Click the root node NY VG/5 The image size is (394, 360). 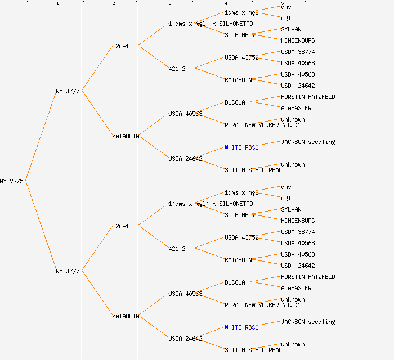coord(12,181)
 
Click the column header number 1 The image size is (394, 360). coord(57,4)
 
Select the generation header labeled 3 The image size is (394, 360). coord(169,4)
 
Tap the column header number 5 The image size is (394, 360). coord(282,4)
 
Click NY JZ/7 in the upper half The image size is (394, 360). coord(68,91)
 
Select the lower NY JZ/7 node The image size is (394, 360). coord(68,271)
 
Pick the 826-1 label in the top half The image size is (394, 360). coord(120,46)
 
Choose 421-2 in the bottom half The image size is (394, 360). coord(177,249)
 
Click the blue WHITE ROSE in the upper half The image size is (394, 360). coord(241,147)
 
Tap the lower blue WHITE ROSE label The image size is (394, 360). coord(241,327)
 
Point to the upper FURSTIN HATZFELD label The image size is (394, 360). coord(308,97)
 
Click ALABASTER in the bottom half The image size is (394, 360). coord(296,288)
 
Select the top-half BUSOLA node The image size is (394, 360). coord(235,102)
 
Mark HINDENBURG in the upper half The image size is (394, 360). coord(298,40)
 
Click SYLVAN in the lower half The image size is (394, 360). coord(291,209)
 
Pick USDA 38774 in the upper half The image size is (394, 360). coord(298,52)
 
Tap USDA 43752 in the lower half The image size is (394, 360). coord(241,237)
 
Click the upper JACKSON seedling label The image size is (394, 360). coord(308,142)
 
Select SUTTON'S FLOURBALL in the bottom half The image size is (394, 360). coord(255,350)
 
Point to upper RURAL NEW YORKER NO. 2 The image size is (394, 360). coord(262,125)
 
